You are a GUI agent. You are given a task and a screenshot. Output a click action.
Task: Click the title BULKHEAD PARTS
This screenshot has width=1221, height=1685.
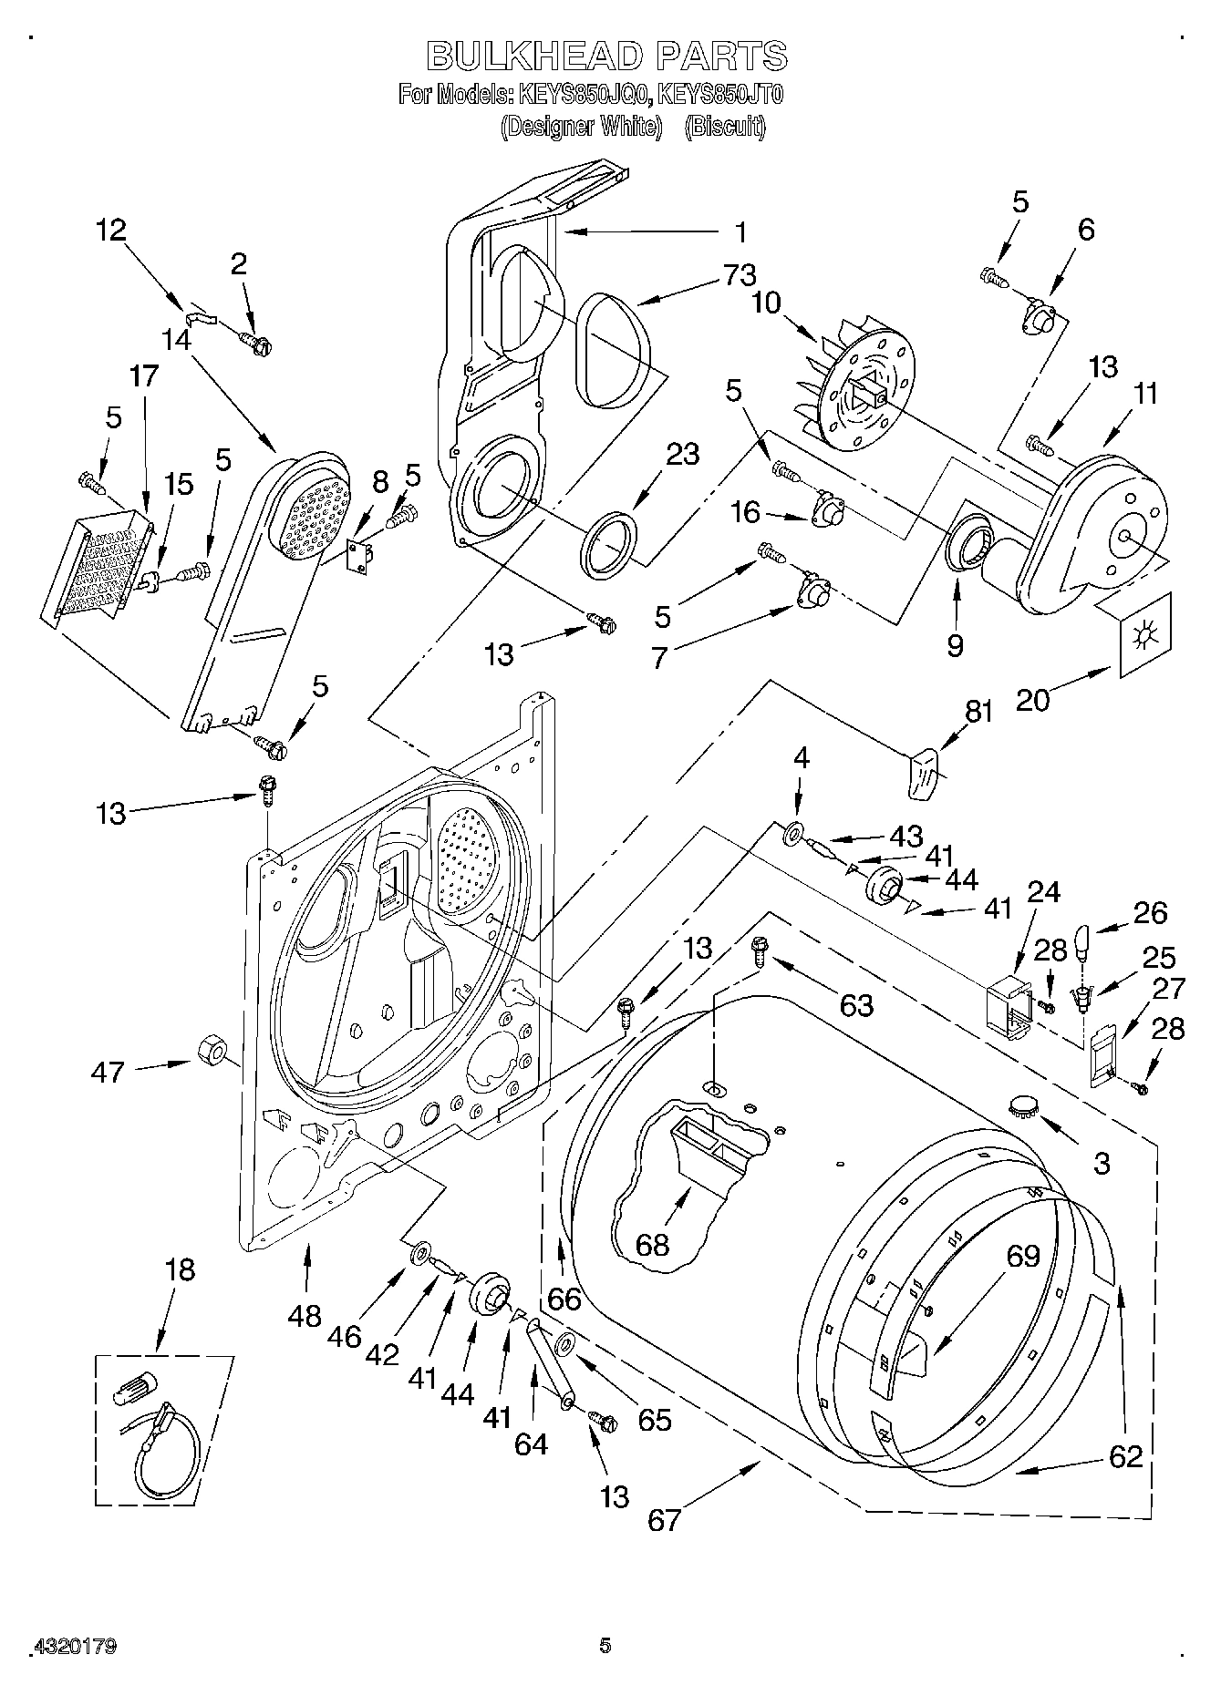(x=607, y=57)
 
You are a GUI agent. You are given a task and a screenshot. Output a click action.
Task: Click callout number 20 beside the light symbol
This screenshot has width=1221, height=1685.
(x=1032, y=699)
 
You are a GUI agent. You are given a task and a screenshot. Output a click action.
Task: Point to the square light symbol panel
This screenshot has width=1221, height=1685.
(x=1143, y=634)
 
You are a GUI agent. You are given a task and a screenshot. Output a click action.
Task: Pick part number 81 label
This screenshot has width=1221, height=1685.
(x=978, y=711)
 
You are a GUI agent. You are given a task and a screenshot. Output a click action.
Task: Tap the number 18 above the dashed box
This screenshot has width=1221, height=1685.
(x=181, y=1269)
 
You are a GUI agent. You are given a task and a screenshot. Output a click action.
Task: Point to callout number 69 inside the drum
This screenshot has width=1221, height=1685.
(x=1023, y=1255)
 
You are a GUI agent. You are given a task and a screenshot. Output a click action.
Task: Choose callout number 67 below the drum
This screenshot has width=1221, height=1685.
(x=664, y=1518)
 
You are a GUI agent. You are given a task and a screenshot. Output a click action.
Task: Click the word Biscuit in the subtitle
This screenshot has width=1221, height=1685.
(x=724, y=127)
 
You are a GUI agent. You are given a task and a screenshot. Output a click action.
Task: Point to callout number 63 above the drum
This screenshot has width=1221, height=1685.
(x=855, y=1005)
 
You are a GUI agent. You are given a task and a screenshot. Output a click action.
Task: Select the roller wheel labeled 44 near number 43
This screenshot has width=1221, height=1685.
(x=883, y=885)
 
